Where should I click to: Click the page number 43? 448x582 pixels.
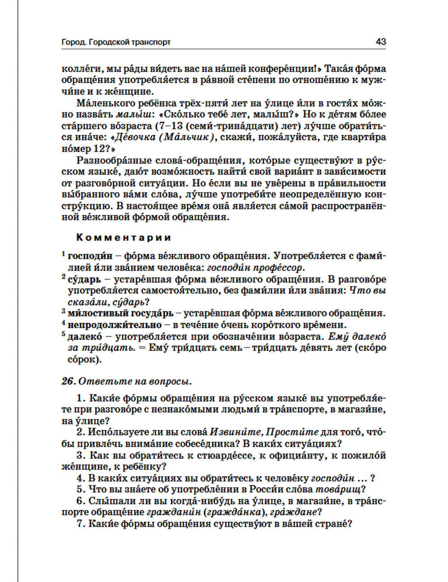[x=380, y=42]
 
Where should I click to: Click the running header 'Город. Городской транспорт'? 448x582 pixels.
[x=116, y=43]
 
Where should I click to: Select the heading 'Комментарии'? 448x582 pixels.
[x=124, y=238]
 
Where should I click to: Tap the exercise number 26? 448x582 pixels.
[x=67, y=381]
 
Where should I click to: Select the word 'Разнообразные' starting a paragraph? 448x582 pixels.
[x=114, y=160]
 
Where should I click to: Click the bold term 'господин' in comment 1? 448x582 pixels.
[x=90, y=257]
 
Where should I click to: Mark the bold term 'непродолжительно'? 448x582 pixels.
[x=114, y=325]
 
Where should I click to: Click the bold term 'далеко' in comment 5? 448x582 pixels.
[x=85, y=337]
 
